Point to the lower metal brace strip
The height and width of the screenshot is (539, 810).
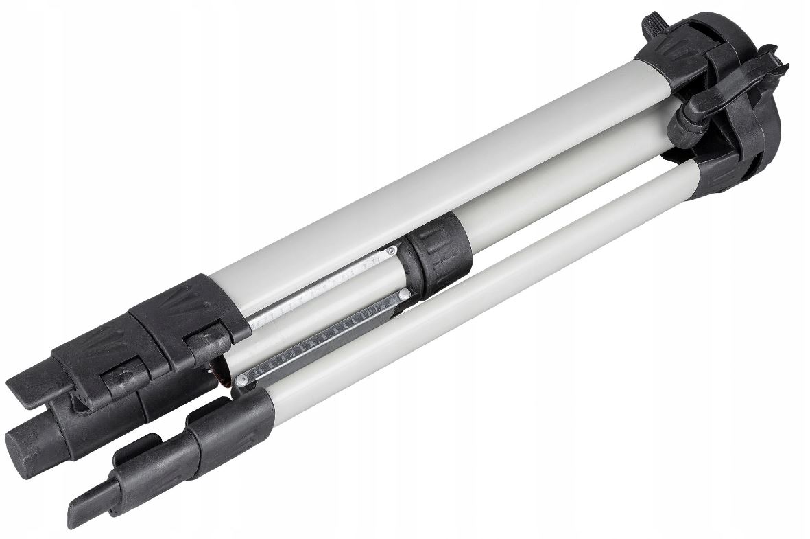click(322, 336)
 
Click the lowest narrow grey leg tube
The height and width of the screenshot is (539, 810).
click(480, 295)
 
